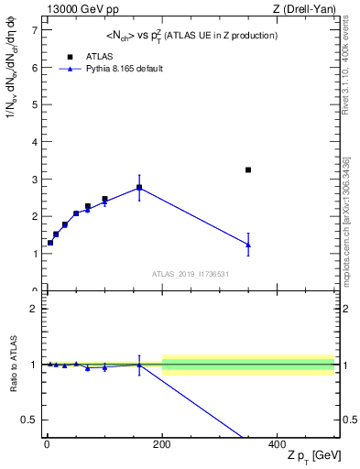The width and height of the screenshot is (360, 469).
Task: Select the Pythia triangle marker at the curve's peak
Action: (x=139, y=187)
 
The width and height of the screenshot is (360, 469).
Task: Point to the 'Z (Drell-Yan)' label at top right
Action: (x=308, y=9)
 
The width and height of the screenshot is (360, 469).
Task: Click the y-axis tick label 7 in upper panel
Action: (x=34, y=30)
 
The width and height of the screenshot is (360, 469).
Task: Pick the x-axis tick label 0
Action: (x=47, y=445)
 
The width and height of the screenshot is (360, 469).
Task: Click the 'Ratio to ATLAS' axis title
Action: (x=14, y=365)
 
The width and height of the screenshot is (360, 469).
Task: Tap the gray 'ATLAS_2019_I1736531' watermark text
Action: (x=190, y=274)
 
